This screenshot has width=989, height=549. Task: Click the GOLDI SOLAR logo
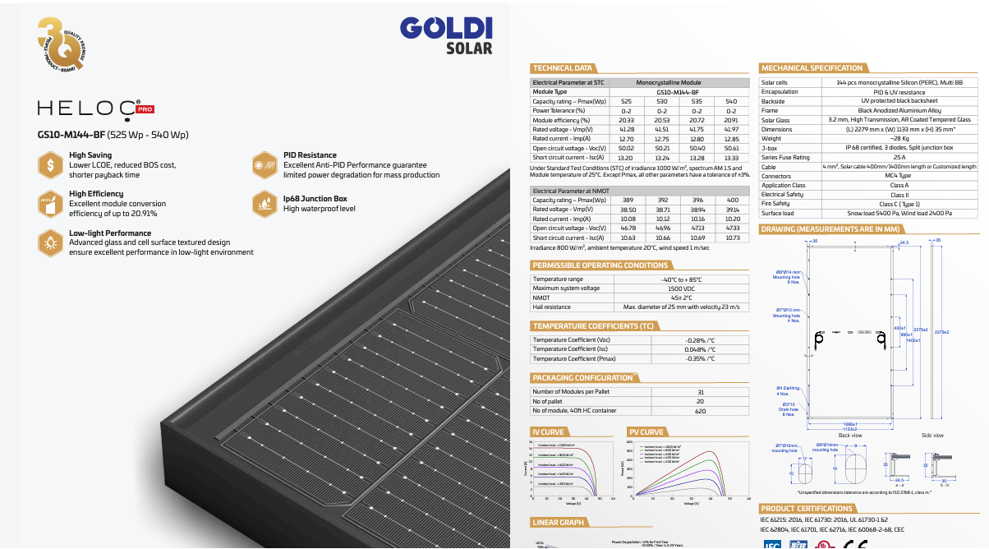(x=445, y=35)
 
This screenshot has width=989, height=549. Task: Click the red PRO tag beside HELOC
(x=145, y=108)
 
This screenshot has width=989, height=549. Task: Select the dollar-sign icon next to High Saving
(x=51, y=164)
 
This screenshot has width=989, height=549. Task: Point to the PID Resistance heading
(x=310, y=155)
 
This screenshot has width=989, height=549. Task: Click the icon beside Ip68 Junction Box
(x=264, y=203)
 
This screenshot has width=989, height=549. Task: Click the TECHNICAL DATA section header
(x=563, y=68)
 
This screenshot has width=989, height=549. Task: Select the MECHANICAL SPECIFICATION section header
(x=812, y=68)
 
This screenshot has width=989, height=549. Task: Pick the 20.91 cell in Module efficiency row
(x=731, y=120)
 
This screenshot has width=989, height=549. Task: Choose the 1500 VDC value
(x=681, y=288)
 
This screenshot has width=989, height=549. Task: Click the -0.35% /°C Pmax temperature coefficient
(x=700, y=359)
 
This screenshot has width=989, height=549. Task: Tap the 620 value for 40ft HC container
(x=700, y=410)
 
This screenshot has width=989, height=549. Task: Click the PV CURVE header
(x=646, y=432)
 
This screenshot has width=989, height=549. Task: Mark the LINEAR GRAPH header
(x=559, y=523)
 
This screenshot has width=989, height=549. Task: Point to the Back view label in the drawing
(x=850, y=435)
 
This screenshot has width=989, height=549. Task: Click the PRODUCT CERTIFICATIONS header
(x=807, y=509)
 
